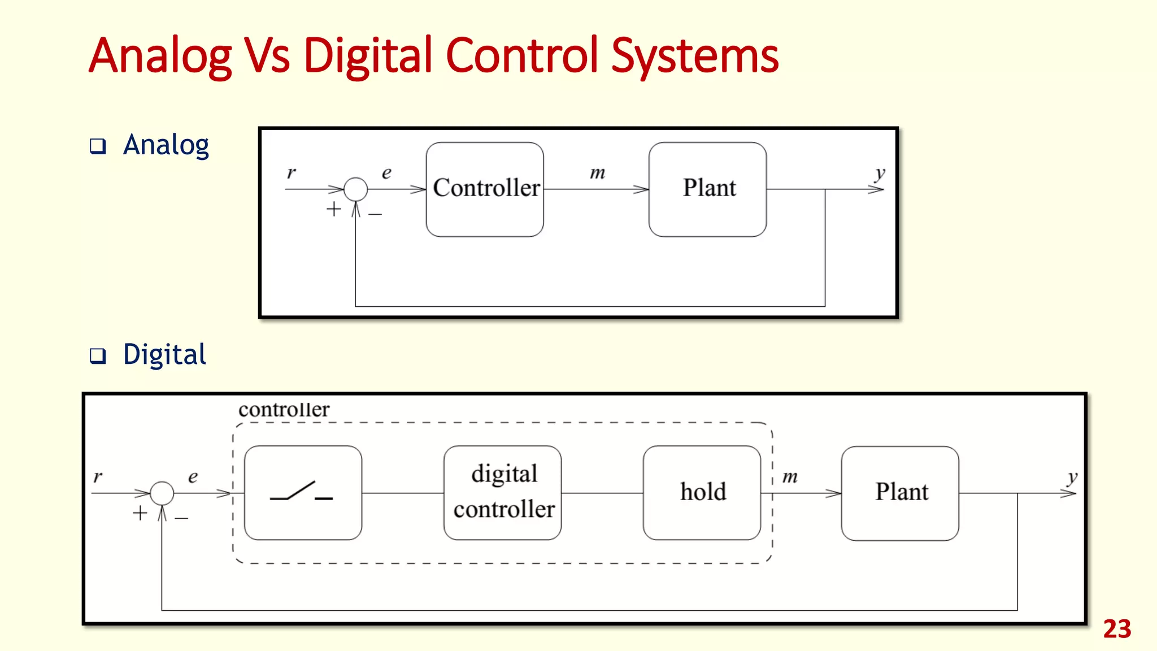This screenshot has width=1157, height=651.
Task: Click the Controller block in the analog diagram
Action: (485, 189)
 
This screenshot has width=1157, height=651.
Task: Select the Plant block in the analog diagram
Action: (707, 189)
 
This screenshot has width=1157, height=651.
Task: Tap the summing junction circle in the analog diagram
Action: (355, 189)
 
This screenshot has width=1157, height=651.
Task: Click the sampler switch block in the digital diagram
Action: (303, 493)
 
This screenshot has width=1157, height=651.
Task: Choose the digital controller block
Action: (503, 493)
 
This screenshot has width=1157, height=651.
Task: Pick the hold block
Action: (702, 493)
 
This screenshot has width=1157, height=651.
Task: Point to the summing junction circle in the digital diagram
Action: (162, 493)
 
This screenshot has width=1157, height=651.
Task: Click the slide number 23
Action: (1117, 629)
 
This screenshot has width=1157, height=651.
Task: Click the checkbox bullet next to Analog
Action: (98, 146)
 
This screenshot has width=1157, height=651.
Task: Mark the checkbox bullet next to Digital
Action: (98, 356)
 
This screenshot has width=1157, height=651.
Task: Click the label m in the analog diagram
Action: (598, 173)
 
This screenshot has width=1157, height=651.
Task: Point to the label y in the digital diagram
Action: (1072, 477)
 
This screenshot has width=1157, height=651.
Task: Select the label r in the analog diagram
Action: (291, 172)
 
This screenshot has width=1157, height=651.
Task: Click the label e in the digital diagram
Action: (193, 477)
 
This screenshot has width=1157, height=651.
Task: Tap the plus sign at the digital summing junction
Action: (140, 513)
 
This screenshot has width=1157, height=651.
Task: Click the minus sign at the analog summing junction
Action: (375, 214)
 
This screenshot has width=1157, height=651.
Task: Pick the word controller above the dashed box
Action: (284, 410)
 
